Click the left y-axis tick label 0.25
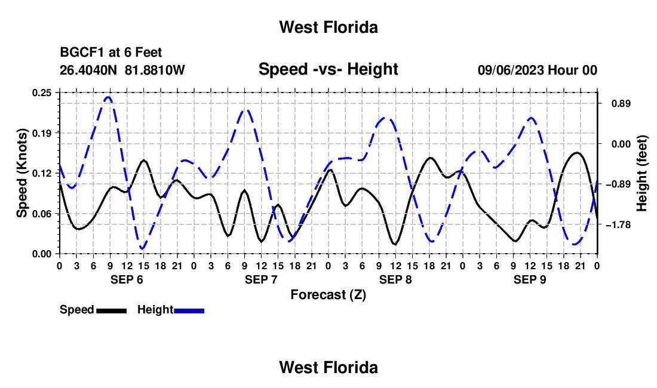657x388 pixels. pos(41,93)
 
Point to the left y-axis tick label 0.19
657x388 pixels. pos(41,133)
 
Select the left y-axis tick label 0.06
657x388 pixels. pos(41,214)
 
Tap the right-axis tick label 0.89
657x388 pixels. pos(621,104)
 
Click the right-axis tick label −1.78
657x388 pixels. pos(618,225)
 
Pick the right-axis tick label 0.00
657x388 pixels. pos(621,144)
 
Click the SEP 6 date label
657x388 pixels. pos(127,279)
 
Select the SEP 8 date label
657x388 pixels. pos(395,279)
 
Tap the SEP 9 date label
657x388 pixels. pos(530,279)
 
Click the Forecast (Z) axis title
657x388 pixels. pos(328,295)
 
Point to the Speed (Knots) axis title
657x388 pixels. pos(22,173)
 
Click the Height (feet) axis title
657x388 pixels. pos(642,173)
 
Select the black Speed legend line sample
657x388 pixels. pos(112,310)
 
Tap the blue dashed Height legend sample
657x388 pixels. pos(189,310)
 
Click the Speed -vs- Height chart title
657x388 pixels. pos(328,69)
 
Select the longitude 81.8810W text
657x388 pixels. pos(155,70)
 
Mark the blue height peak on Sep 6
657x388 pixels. pos(109,97)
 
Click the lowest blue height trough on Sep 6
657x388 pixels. pos(143,249)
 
